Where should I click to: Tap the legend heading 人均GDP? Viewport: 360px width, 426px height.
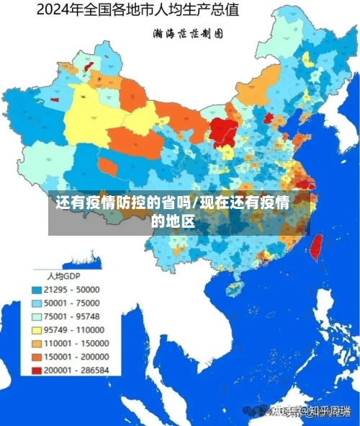point(63,276)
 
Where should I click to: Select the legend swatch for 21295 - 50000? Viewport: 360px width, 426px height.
point(37,289)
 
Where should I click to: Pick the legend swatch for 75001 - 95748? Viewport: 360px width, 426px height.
point(37,316)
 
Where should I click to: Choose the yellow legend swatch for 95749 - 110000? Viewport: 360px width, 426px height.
point(37,329)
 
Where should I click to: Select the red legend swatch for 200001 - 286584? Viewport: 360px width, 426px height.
point(37,370)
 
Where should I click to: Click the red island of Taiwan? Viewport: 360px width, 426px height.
point(315,247)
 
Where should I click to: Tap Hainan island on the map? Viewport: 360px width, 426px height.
point(234,288)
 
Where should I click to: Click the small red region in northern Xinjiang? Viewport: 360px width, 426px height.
point(89,66)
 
